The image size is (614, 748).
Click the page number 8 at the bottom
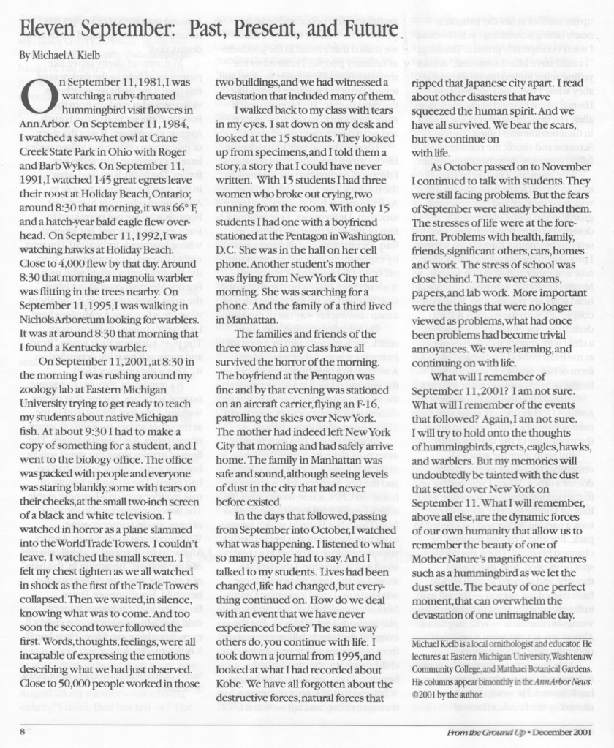pos(23,732)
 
